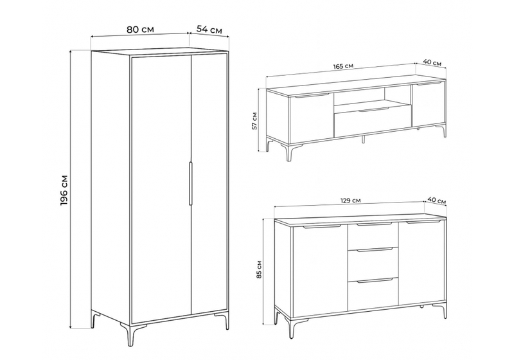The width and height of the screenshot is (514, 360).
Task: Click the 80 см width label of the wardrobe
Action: [140, 30]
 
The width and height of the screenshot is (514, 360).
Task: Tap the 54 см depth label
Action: [209, 30]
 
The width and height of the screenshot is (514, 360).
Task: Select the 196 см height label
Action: [64, 190]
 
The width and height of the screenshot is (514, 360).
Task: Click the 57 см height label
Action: [254, 121]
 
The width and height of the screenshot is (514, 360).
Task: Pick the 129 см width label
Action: [350, 201]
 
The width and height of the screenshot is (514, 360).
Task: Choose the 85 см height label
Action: [259, 269]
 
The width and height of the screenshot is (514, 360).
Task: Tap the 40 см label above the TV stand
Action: [432, 62]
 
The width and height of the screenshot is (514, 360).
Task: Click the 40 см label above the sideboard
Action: [437, 201]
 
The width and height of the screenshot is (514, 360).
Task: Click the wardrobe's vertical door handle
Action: [190, 184]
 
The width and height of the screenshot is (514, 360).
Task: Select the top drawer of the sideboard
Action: [373, 235]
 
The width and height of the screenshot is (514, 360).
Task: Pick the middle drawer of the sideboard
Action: [373, 264]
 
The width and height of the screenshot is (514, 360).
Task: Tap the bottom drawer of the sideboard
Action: [373, 293]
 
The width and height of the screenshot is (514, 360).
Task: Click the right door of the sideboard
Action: [421, 262]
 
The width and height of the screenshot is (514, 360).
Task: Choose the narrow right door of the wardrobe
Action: [208, 186]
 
